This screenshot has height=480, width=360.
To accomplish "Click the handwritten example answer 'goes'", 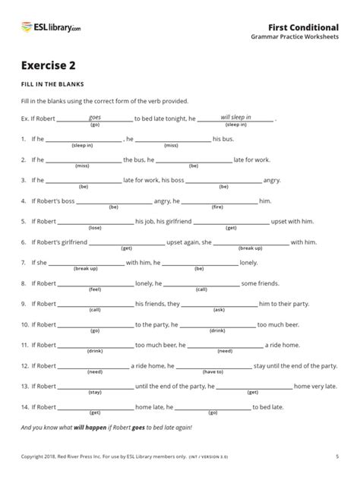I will [x=95, y=117].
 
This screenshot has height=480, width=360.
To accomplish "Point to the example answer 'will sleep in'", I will [x=236, y=117].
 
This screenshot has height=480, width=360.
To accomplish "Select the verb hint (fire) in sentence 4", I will [x=217, y=206].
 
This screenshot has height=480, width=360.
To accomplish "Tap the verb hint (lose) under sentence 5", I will [x=95, y=226].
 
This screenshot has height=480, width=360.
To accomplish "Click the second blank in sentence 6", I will [x=251, y=242].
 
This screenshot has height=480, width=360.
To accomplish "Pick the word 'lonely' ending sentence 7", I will [x=249, y=263].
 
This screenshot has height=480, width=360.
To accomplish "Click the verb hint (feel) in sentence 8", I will [x=95, y=289].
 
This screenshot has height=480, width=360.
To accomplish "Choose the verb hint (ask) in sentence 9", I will [x=219, y=309].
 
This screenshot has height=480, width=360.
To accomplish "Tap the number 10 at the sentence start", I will [x=25, y=324].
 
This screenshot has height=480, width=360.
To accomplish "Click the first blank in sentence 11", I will [x=95, y=345].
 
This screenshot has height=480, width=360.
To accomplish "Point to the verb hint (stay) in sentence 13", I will [x=95, y=392].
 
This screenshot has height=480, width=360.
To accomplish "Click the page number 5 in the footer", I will [x=336, y=456].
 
